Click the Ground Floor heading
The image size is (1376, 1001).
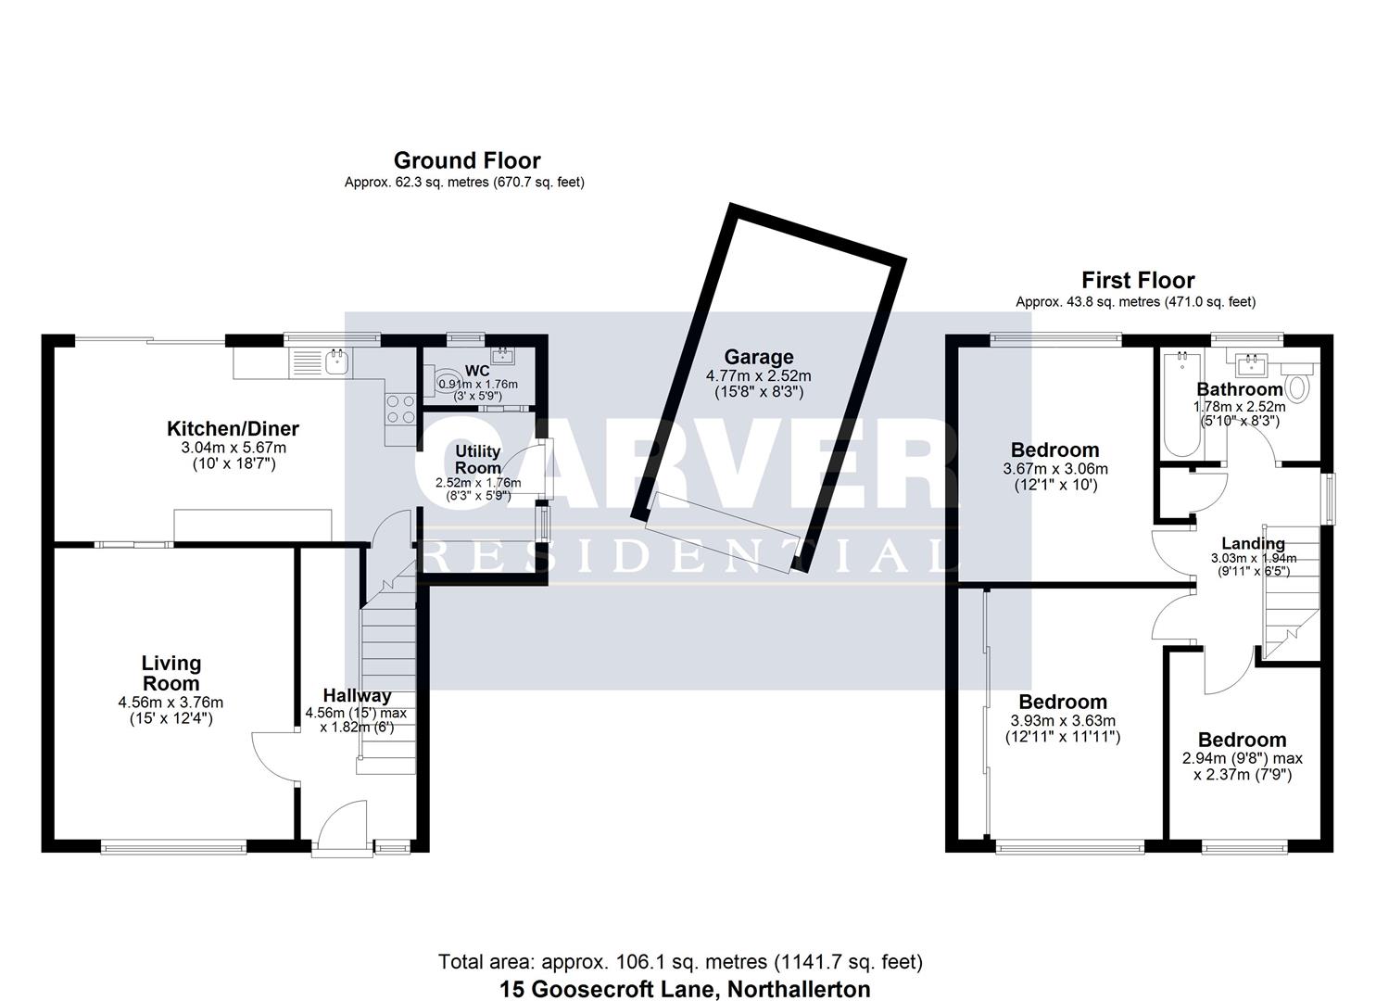[467, 160]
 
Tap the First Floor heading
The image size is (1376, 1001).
[1138, 280]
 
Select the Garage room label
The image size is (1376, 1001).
[759, 357]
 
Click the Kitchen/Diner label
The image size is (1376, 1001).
[233, 428]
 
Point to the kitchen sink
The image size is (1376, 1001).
[337, 362]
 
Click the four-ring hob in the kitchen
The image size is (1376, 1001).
[400, 410]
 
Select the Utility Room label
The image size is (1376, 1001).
[477, 460]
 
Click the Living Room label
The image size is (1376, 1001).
[170, 673]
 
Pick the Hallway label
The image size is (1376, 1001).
[357, 695]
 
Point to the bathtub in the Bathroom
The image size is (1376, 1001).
[1182, 403]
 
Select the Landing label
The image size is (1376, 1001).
[1253, 543]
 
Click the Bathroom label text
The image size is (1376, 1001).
[1240, 389]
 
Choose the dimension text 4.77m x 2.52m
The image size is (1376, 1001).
[759, 375]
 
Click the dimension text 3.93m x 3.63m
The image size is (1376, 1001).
[1063, 720]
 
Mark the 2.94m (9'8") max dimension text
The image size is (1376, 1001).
[1242, 758]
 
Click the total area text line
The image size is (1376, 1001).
[680, 961]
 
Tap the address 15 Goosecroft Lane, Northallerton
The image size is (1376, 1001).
[685, 989]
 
